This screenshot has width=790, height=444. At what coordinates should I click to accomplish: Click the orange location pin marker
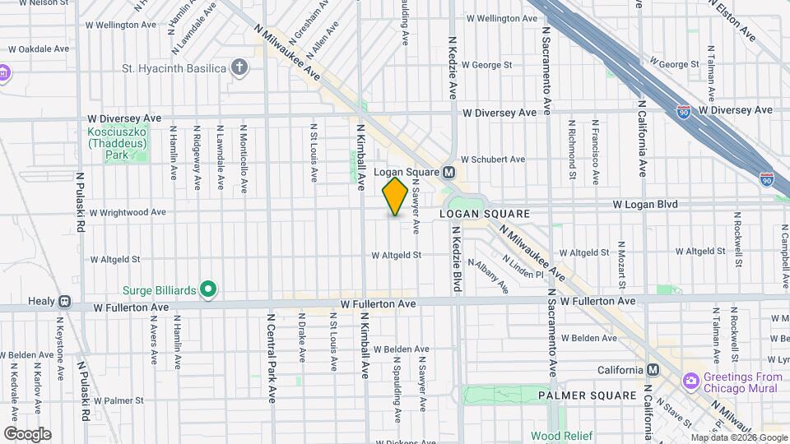(395, 196)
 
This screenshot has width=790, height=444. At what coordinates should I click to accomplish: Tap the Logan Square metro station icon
(449, 173)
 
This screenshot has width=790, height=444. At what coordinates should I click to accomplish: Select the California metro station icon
(653, 370)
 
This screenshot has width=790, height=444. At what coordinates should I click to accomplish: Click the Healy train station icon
(64, 301)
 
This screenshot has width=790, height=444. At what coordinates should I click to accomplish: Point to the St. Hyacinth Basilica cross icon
(239, 67)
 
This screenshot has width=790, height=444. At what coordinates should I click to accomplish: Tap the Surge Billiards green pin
(208, 289)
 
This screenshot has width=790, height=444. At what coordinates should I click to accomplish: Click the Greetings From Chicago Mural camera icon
(690, 380)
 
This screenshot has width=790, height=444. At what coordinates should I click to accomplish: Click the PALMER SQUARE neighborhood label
(588, 395)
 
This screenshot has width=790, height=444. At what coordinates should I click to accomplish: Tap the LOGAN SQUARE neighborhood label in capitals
(483, 214)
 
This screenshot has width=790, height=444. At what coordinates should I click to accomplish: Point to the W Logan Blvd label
(644, 204)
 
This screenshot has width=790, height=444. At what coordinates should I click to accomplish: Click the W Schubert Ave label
(493, 160)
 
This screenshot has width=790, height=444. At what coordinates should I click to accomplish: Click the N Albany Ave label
(489, 276)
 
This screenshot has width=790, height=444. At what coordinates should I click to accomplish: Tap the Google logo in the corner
(27, 434)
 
